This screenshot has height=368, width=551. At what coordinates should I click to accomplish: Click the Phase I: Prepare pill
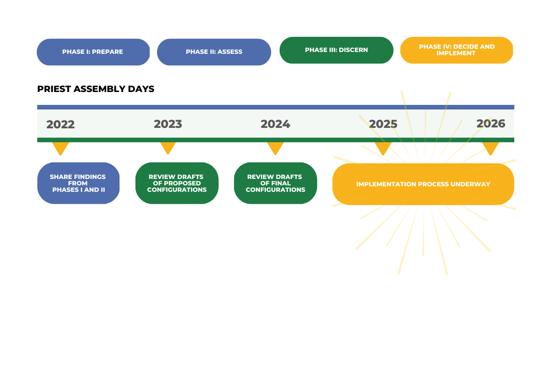click(x=93, y=52)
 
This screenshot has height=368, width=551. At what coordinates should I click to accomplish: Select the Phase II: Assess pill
click(x=214, y=52)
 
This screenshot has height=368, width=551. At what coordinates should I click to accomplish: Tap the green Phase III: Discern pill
click(x=337, y=50)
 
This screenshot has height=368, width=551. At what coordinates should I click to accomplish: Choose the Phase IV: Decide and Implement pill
click(x=456, y=50)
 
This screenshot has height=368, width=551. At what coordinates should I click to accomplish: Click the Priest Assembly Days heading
click(x=96, y=89)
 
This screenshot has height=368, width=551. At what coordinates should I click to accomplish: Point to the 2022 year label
click(x=61, y=125)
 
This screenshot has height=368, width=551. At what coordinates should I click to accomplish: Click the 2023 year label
click(x=168, y=124)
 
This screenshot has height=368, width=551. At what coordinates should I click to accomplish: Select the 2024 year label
click(x=275, y=124)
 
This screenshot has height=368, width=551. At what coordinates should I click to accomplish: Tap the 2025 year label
click(x=383, y=124)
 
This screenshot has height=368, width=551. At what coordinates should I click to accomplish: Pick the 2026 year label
click(x=491, y=123)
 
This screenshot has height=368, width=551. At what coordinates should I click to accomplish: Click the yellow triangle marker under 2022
click(x=61, y=147)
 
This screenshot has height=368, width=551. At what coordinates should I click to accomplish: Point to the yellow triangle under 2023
click(x=168, y=147)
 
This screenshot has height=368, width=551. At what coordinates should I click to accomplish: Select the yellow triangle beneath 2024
click(x=275, y=147)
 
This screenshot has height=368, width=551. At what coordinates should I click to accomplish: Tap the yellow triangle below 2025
click(x=383, y=147)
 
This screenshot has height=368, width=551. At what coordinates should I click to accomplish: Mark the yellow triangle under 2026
click(x=490, y=147)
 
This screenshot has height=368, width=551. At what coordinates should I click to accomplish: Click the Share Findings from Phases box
click(x=79, y=183)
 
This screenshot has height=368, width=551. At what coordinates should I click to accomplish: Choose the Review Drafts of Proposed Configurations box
click(x=177, y=183)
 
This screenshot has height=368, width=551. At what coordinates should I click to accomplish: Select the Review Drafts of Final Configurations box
click(x=275, y=183)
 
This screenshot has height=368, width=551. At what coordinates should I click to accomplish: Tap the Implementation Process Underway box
click(x=423, y=184)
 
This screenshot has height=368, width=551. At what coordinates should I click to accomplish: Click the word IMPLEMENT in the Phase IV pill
click(x=456, y=53)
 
